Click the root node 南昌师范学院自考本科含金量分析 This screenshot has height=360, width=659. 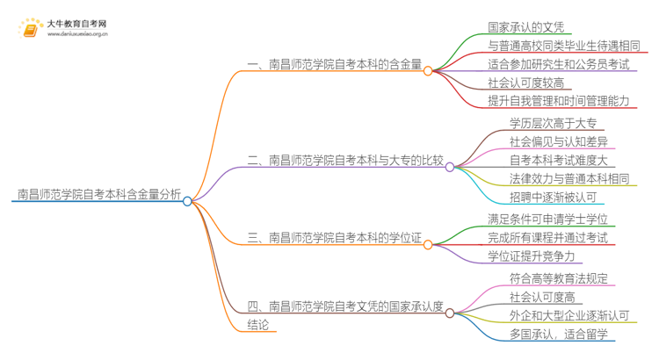pyautogui.click(x=98, y=194)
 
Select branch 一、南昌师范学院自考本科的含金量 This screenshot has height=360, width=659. pyautogui.click(x=334, y=64)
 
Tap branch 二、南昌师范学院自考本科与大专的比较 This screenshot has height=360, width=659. pyautogui.click(x=345, y=161)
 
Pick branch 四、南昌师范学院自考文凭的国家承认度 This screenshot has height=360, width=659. pyautogui.click(x=345, y=306)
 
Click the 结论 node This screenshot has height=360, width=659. pyautogui.click(x=262, y=326)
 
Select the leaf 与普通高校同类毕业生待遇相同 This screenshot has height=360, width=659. pyautogui.click(x=563, y=45)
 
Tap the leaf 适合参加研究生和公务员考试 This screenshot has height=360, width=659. pyautogui.click(x=558, y=64)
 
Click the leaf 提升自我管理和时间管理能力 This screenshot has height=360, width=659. pyautogui.click(x=558, y=102)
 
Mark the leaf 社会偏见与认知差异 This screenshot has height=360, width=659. pyautogui.click(x=558, y=142)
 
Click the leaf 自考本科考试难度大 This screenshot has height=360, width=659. pyautogui.click(x=558, y=161)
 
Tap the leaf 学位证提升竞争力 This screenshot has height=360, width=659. pyautogui.click(x=531, y=256)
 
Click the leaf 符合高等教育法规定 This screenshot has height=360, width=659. pyautogui.click(x=557, y=278)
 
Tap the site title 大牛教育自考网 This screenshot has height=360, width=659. pyautogui.click(x=77, y=23)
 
